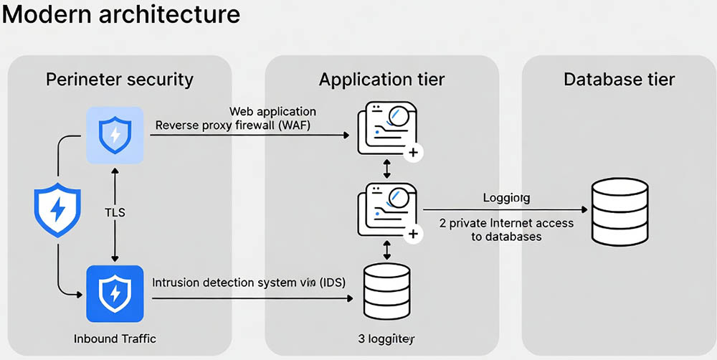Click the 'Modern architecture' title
pyautogui.click(x=120, y=15)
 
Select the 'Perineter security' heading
pyautogui.click(x=120, y=79)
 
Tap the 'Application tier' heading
pyautogui.click(x=381, y=79)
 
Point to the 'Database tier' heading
pyautogui.click(x=619, y=79)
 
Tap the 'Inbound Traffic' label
pyautogui.click(x=115, y=337)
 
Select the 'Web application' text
pyautogui.click(x=272, y=112)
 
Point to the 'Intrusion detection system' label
pyautogui.click(x=249, y=283)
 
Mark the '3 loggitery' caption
pyautogui.click(x=386, y=337)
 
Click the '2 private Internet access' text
pyautogui.click(x=506, y=223)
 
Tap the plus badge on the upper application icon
pyautogui.click(x=414, y=153)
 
